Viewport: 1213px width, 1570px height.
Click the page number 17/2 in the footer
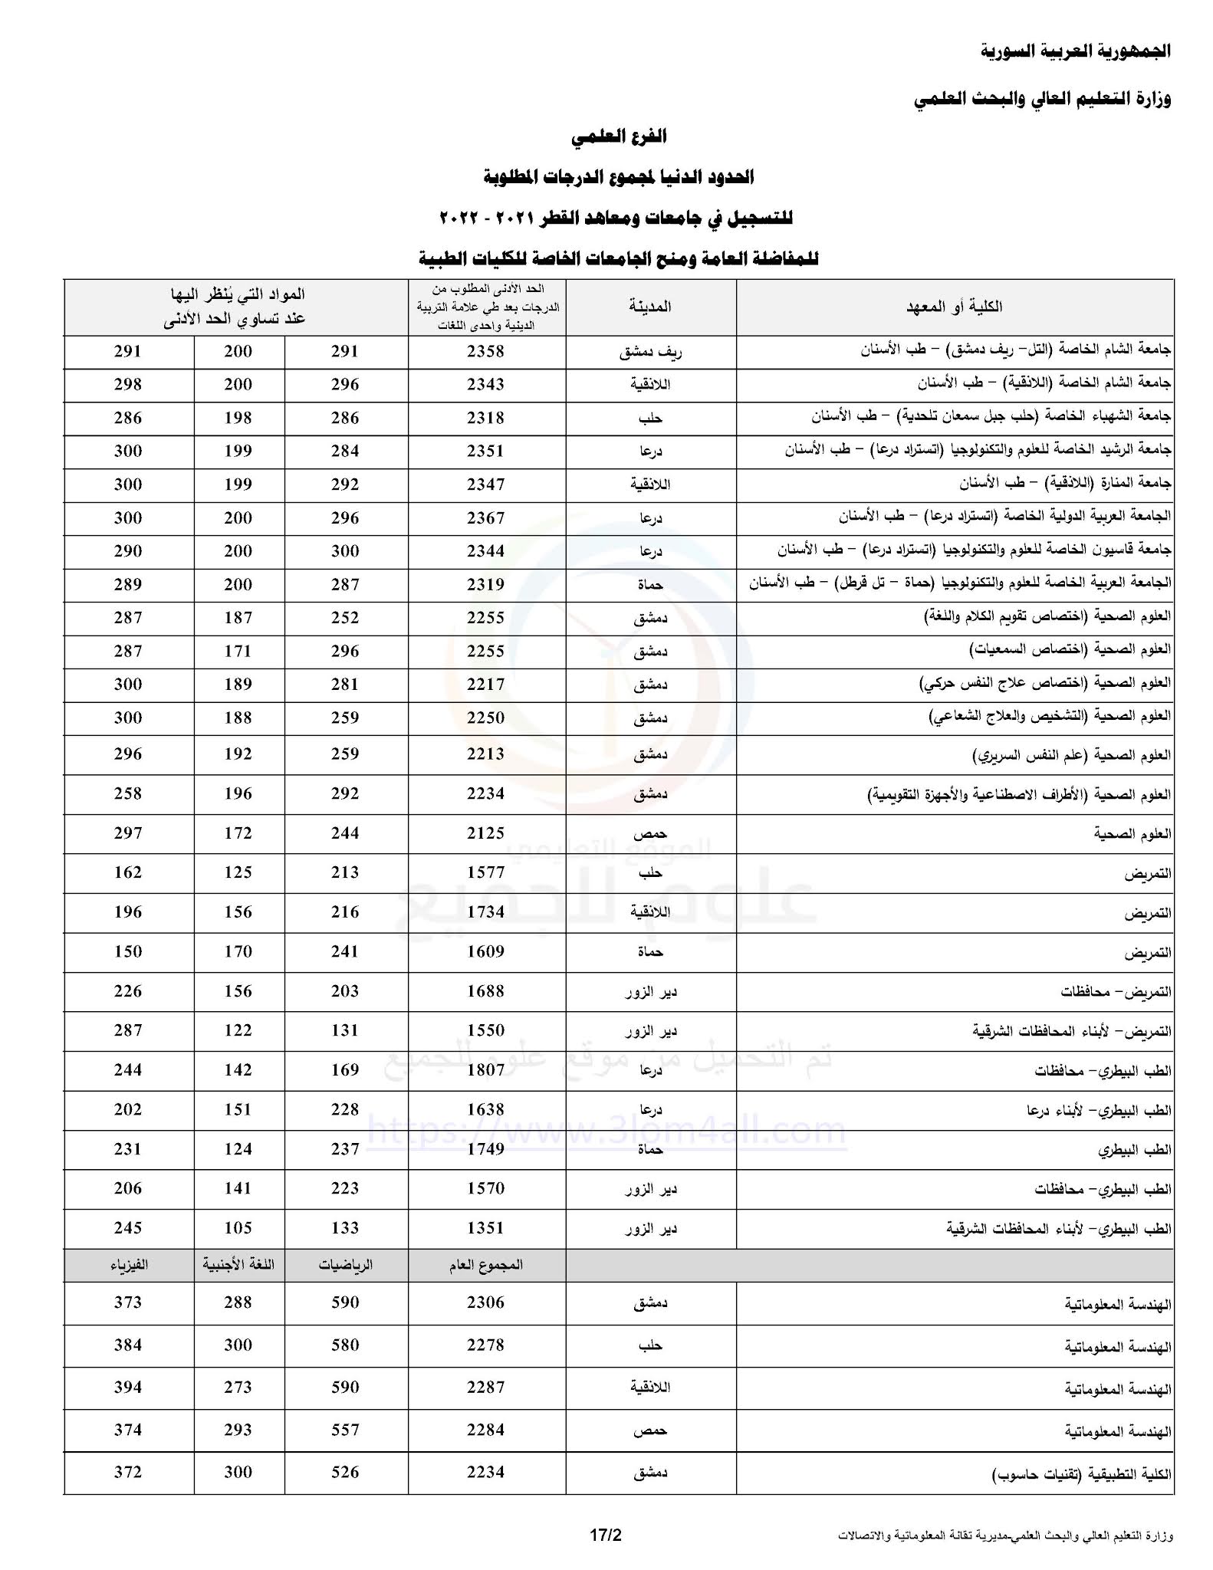pyautogui.click(x=605, y=1536)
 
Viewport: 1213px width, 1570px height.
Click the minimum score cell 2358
pyautogui.click(x=485, y=352)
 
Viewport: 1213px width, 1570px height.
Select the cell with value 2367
pyautogui.click(x=485, y=518)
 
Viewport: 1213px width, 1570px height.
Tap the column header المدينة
pyautogui.click(x=650, y=307)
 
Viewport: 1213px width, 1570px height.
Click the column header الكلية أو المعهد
pyautogui.click(x=954, y=307)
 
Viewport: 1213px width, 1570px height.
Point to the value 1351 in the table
pyautogui.click(x=485, y=1228)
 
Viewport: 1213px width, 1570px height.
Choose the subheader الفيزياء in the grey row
pyautogui.click(x=128, y=1265)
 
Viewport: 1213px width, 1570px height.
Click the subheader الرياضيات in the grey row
pyautogui.click(x=345, y=1265)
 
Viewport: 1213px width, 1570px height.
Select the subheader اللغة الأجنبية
pyautogui.click(x=238, y=1265)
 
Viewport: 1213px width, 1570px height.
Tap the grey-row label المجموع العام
pyautogui.click(x=485, y=1265)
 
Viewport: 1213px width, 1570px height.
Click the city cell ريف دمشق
pyautogui.click(x=650, y=353)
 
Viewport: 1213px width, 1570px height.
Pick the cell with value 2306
pyautogui.click(x=485, y=1302)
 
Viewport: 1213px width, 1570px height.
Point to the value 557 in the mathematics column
pyautogui.click(x=345, y=1430)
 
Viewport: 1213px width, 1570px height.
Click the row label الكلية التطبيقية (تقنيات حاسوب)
pyautogui.click(x=1082, y=1474)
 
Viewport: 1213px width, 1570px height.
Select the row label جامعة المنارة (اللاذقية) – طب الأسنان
pyautogui.click(x=1065, y=484)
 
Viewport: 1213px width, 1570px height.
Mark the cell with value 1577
pyautogui.click(x=485, y=872)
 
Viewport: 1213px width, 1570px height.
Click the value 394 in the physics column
pyautogui.click(x=128, y=1388)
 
